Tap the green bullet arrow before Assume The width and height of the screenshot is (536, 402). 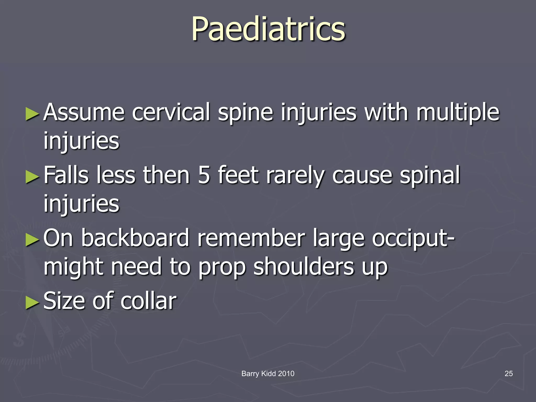coord(32,114)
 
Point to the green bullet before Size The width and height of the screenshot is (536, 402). coord(32,303)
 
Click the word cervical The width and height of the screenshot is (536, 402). coord(171,113)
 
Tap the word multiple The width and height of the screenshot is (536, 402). coord(458,113)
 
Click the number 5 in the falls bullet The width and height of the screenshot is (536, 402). coord(204,175)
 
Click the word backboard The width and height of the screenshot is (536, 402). coord(135,238)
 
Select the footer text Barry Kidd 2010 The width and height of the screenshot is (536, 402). coord(268,373)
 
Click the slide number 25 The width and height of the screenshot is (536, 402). coord(509,373)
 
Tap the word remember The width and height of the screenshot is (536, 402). coord(251,238)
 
